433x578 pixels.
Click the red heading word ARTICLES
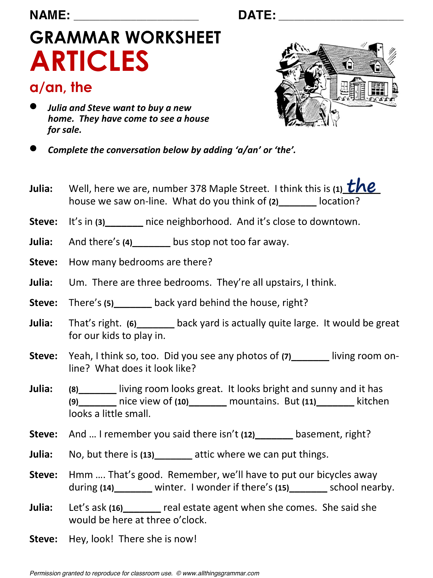coord(89,61)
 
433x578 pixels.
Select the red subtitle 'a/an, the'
coord(61,87)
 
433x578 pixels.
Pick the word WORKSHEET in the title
coord(173,38)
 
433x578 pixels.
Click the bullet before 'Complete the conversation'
coord(33,148)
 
